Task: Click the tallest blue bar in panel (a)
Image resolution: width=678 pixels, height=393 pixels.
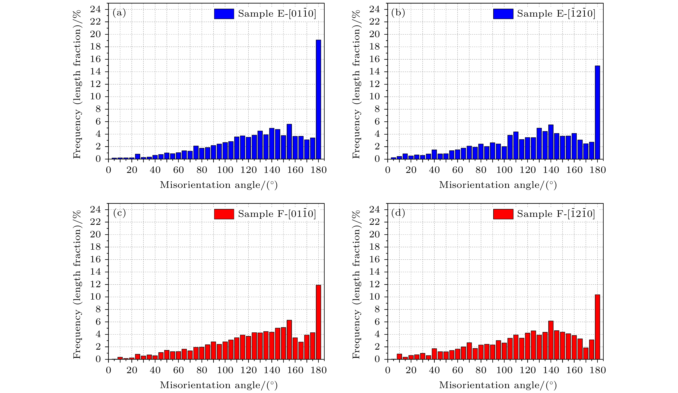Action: (318, 100)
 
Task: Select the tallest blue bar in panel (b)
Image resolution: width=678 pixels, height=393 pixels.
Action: (597, 112)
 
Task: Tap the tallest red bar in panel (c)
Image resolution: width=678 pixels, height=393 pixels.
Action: (318, 322)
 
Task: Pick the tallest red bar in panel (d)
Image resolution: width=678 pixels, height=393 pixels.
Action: (597, 327)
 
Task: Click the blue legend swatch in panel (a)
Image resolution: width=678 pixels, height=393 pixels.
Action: (224, 14)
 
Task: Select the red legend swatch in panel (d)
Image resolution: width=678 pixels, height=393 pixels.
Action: (503, 214)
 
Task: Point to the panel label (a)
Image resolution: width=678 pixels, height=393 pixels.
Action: (119, 13)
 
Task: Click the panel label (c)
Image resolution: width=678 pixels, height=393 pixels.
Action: (119, 213)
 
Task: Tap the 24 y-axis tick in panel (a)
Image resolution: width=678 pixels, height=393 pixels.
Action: (95, 9)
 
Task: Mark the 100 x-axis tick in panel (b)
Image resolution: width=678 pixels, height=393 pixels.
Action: (504, 170)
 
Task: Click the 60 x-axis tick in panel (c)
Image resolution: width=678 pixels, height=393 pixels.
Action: (178, 370)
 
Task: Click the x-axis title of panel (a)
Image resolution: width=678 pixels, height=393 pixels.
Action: (218, 185)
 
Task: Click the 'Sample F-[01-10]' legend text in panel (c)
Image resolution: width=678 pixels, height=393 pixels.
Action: (277, 214)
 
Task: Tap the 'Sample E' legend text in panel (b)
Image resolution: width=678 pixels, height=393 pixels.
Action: (556, 14)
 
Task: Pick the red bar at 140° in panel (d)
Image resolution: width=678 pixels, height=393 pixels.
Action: (551, 340)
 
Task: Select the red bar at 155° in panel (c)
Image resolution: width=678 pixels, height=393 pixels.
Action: (289, 340)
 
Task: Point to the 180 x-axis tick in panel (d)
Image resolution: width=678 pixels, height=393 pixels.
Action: (597, 370)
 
